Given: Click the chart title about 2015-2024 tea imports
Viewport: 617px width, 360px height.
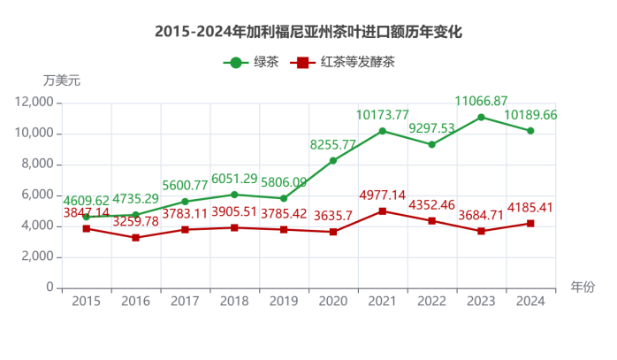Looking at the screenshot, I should click(308, 31).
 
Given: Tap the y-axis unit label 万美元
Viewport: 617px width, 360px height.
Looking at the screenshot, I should click(61, 80).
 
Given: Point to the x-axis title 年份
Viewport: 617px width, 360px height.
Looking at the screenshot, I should click(582, 287).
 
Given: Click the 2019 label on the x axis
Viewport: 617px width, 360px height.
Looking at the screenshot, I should click(283, 302).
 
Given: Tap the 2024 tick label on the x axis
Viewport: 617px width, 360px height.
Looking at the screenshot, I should click(530, 302).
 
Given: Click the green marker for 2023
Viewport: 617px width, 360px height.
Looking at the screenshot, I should click(481, 117).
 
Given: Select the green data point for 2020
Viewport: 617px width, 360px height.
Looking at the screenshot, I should click(332, 160).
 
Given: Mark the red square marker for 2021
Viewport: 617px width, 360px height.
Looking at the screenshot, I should click(382, 211).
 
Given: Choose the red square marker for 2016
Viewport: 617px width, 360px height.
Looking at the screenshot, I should click(135, 238).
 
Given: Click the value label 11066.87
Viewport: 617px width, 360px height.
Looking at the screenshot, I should click(481, 101).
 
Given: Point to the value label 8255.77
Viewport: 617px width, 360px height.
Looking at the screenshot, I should click(332, 144).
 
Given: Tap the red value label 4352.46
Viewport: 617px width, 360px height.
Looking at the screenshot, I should click(431, 206).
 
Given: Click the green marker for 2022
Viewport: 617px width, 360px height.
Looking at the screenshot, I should click(431, 144).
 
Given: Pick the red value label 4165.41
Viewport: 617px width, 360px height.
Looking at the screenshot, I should click(530, 209).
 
